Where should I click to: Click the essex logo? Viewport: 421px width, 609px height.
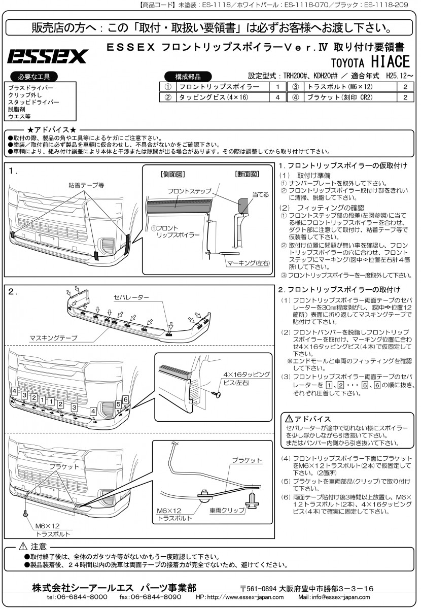tap(47, 56)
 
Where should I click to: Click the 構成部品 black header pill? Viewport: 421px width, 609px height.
tap(187, 77)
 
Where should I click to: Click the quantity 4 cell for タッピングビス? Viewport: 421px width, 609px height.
tap(277, 97)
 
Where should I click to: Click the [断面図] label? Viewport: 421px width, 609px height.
tap(247, 174)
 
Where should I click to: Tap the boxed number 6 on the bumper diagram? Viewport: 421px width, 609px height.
tap(125, 399)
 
